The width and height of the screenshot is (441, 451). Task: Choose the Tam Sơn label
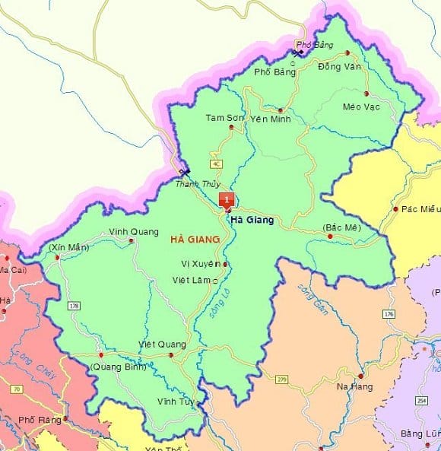[x=225, y=118]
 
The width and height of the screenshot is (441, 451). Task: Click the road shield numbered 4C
[x=217, y=164]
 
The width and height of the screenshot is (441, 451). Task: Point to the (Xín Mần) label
[x=68, y=248]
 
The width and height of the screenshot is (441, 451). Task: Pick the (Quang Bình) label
[x=118, y=367]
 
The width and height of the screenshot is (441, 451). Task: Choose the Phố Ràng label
[x=38, y=419]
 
